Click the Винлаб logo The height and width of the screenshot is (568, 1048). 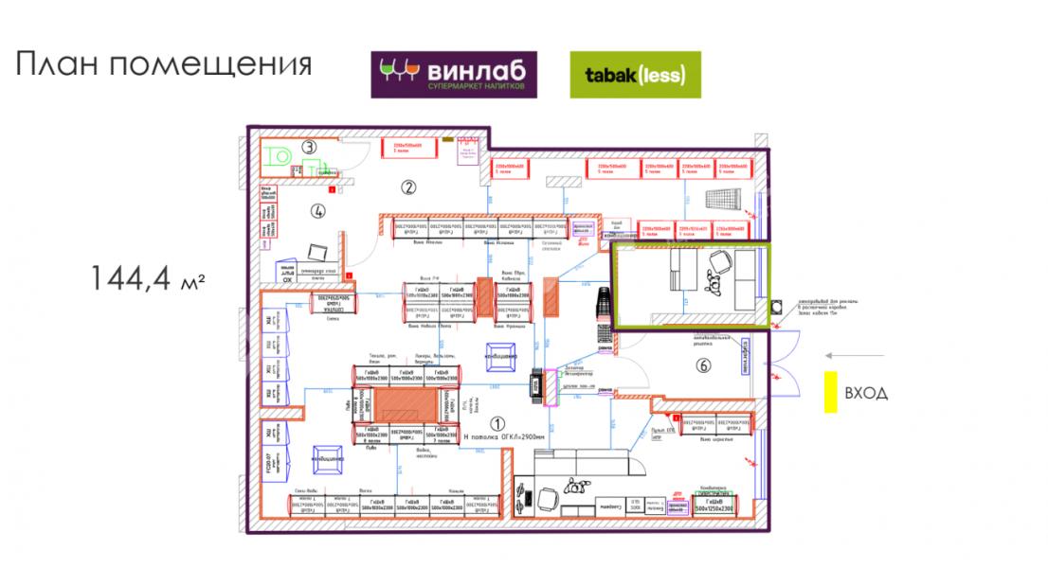453,75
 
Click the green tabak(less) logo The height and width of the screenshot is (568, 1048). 635,75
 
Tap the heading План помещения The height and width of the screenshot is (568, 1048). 163,65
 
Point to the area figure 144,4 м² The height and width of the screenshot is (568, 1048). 149,278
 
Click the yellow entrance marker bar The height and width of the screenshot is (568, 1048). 829,392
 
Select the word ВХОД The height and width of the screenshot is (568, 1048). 866,393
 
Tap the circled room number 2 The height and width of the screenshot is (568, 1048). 408,186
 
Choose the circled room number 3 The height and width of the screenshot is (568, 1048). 310,147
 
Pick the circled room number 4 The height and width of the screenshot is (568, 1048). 318,211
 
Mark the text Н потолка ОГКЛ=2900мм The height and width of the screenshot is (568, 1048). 503,438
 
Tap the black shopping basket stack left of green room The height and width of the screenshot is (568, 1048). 601,321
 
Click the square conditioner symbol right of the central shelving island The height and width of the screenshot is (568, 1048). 501,354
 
